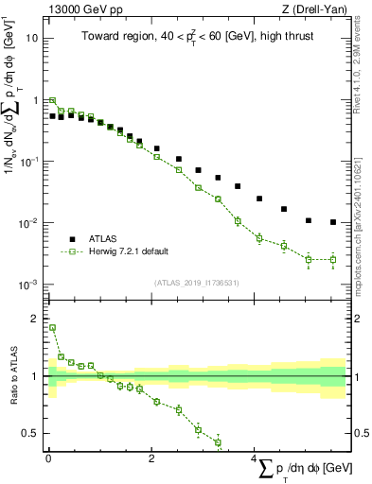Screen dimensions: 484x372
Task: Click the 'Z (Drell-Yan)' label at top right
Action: pos(314,9)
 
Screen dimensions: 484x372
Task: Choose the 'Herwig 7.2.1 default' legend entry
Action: pos(132,251)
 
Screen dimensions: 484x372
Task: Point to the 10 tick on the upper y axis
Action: pos(33,39)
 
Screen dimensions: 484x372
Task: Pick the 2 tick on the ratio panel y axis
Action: pos(35,319)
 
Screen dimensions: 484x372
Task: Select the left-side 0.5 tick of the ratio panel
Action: pos(31,434)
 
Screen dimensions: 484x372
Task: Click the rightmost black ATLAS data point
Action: pos(333,222)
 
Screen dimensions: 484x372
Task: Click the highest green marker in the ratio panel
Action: pos(52,328)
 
